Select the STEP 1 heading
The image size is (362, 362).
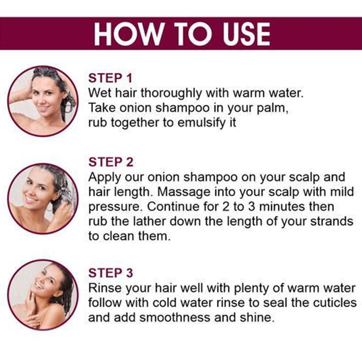pyautogui.click(x=110, y=78)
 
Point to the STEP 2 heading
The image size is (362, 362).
pyautogui.click(x=111, y=162)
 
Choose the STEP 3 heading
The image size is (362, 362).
pyautogui.click(x=110, y=273)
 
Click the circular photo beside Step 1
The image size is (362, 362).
pyautogui.click(x=43, y=101)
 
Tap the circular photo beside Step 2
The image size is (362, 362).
pyautogui.click(x=43, y=199)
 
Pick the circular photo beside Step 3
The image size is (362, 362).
pyautogui.click(x=43, y=295)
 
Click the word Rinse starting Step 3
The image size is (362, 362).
pyautogui.click(x=105, y=288)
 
